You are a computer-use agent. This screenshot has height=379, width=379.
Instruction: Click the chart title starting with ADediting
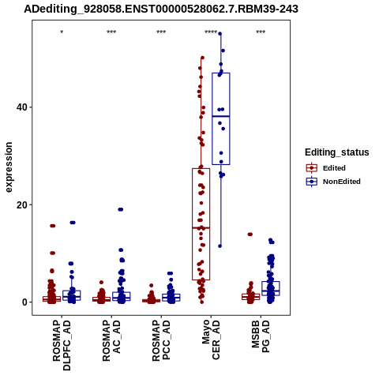coord(161,9)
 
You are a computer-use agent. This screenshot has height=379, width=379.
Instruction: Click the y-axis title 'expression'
coord(9,167)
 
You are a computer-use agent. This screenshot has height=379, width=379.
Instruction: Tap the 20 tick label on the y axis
coord(22,205)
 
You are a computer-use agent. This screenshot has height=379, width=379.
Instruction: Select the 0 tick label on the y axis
coord(24,302)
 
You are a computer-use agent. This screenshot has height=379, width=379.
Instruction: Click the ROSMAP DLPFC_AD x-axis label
coord(62,345)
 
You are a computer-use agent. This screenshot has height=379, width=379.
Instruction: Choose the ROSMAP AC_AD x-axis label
coord(111,340)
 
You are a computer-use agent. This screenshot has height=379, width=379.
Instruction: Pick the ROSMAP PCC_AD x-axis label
coord(161,340)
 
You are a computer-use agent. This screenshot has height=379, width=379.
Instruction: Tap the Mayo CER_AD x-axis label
coord(211,340)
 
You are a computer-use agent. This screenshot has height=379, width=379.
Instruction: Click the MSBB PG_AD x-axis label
coord(261,336)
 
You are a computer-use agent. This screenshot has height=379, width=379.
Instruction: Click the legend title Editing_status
coord(337,152)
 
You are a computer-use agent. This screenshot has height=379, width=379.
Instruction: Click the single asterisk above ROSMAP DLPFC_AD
coord(62,32)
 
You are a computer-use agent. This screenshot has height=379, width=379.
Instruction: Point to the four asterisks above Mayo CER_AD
coord(211,32)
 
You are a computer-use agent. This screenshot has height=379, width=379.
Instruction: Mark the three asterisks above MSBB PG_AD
coord(261,32)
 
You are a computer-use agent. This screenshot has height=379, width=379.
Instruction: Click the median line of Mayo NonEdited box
coord(221,116)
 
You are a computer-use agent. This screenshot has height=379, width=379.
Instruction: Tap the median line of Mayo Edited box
coord(201,227)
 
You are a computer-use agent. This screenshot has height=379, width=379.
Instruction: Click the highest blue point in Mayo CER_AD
coord(220,34)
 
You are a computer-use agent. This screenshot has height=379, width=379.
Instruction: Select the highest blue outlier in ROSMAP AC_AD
coord(121,209)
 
